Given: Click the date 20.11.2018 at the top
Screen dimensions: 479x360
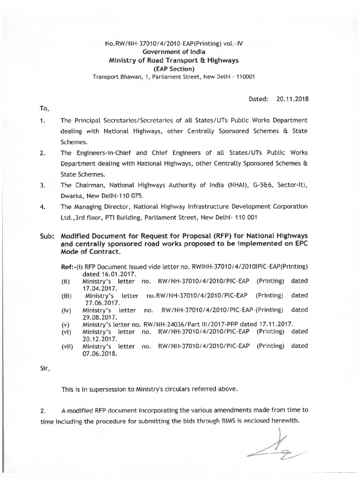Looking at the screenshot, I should [293, 99].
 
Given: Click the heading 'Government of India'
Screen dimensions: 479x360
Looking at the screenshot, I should [174, 51].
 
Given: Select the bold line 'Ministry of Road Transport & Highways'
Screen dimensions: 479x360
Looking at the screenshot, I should [174, 60].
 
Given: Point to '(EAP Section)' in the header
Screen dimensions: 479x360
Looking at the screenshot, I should [174, 69].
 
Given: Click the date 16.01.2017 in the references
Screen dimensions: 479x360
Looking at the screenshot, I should [103, 273].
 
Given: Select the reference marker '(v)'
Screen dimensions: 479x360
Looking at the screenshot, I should [65, 325].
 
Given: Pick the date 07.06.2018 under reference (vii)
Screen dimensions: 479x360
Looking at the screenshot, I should [99, 354].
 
